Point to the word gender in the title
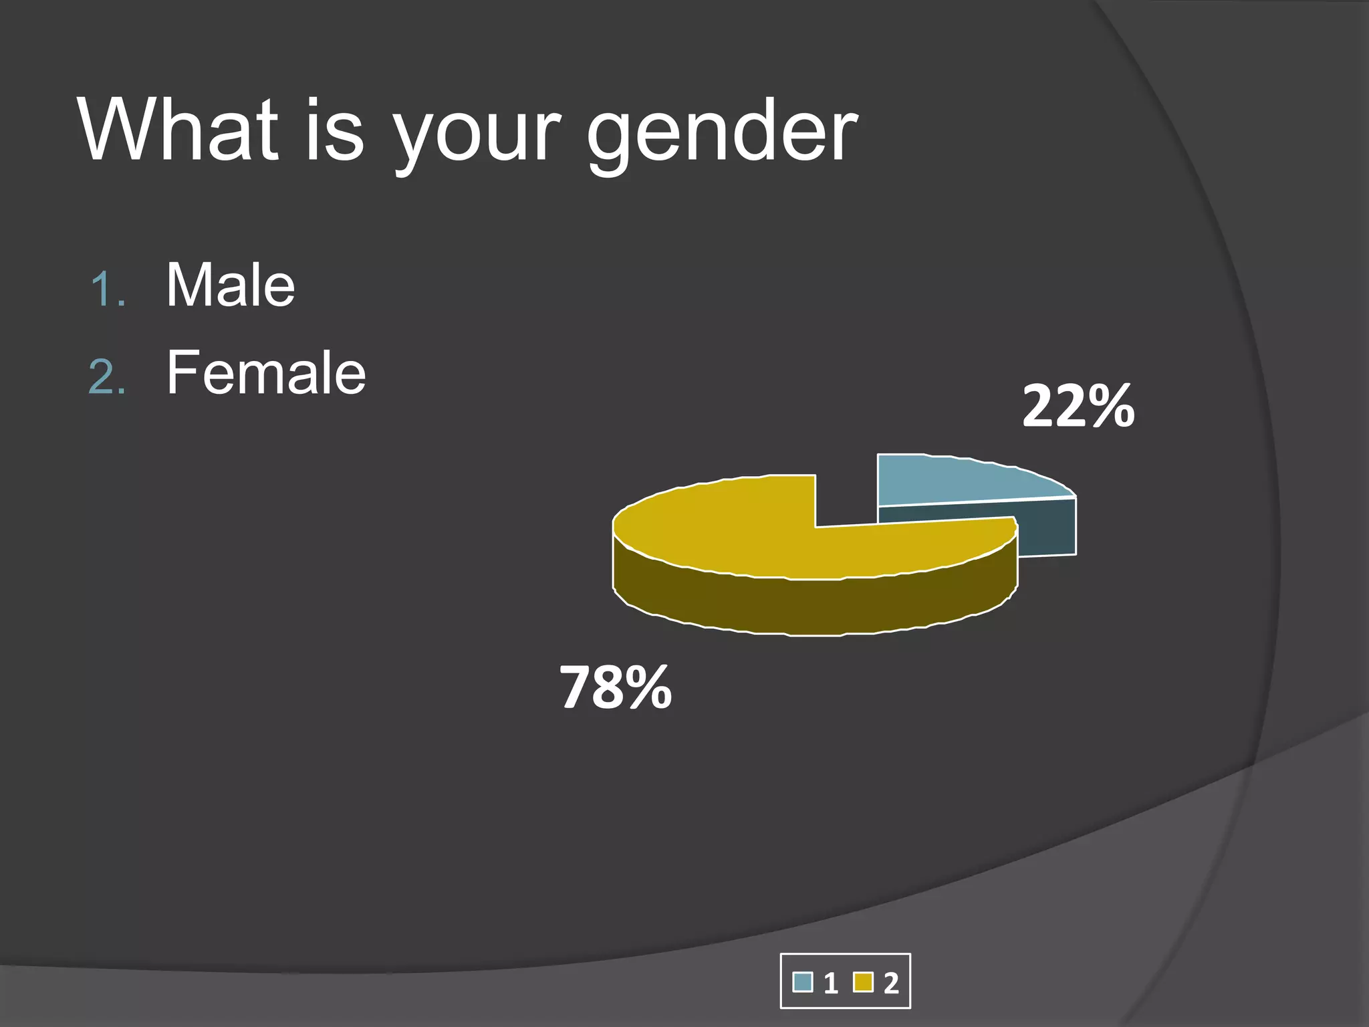(722, 134)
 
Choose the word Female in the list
(266, 372)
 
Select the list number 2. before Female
(108, 378)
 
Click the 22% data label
(1078, 406)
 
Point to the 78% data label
(615, 687)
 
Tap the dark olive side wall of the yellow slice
(802, 605)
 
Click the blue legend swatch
(802, 982)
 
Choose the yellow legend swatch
(863, 982)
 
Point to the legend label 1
(831, 984)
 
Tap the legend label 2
(891, 984)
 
